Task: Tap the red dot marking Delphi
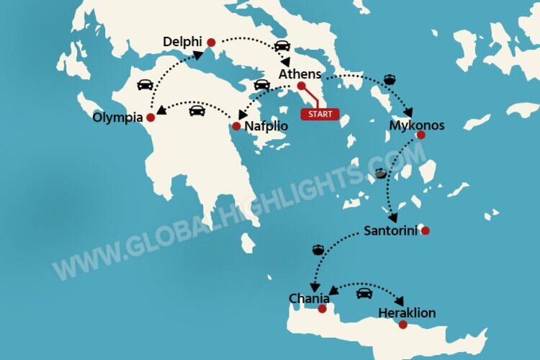211,43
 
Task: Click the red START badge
320,114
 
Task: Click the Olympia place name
117,117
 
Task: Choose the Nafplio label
266,126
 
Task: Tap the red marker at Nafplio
236,127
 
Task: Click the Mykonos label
416,125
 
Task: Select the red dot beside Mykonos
420,135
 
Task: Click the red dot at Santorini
425,231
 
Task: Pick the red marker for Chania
322,309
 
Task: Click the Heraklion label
406,313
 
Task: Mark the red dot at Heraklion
402,325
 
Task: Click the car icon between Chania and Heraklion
364,293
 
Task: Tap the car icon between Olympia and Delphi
145,84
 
